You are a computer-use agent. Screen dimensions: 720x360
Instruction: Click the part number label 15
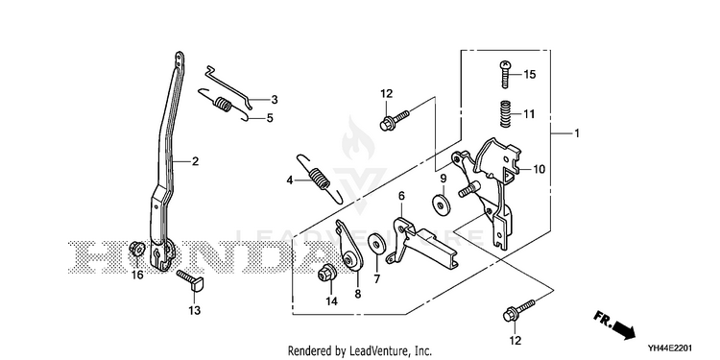(x=529, y=74)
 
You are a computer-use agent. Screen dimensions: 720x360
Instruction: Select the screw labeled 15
(x=505, y=74)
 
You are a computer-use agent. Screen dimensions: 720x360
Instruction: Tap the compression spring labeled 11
(x=506, y=113)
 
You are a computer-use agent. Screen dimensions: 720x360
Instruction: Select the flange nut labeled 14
(x=325, y=274)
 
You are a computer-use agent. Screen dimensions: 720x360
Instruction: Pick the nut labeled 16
(x=136, y=249)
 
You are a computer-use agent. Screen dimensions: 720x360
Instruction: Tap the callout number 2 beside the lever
(x=195, y=161)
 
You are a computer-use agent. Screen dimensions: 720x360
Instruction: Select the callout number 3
(x=275, y=99)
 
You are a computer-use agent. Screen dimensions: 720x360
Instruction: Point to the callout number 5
(x=270, y=118)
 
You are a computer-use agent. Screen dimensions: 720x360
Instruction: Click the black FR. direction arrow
(x=614, y=325)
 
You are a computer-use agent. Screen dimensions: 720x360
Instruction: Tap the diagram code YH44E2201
(x=670, y=348)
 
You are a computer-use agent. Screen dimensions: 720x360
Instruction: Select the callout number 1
(x=577, y=133)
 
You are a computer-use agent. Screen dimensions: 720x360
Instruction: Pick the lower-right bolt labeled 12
(x=519, y=310)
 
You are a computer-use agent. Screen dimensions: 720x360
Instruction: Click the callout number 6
(x=401, y=196)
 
